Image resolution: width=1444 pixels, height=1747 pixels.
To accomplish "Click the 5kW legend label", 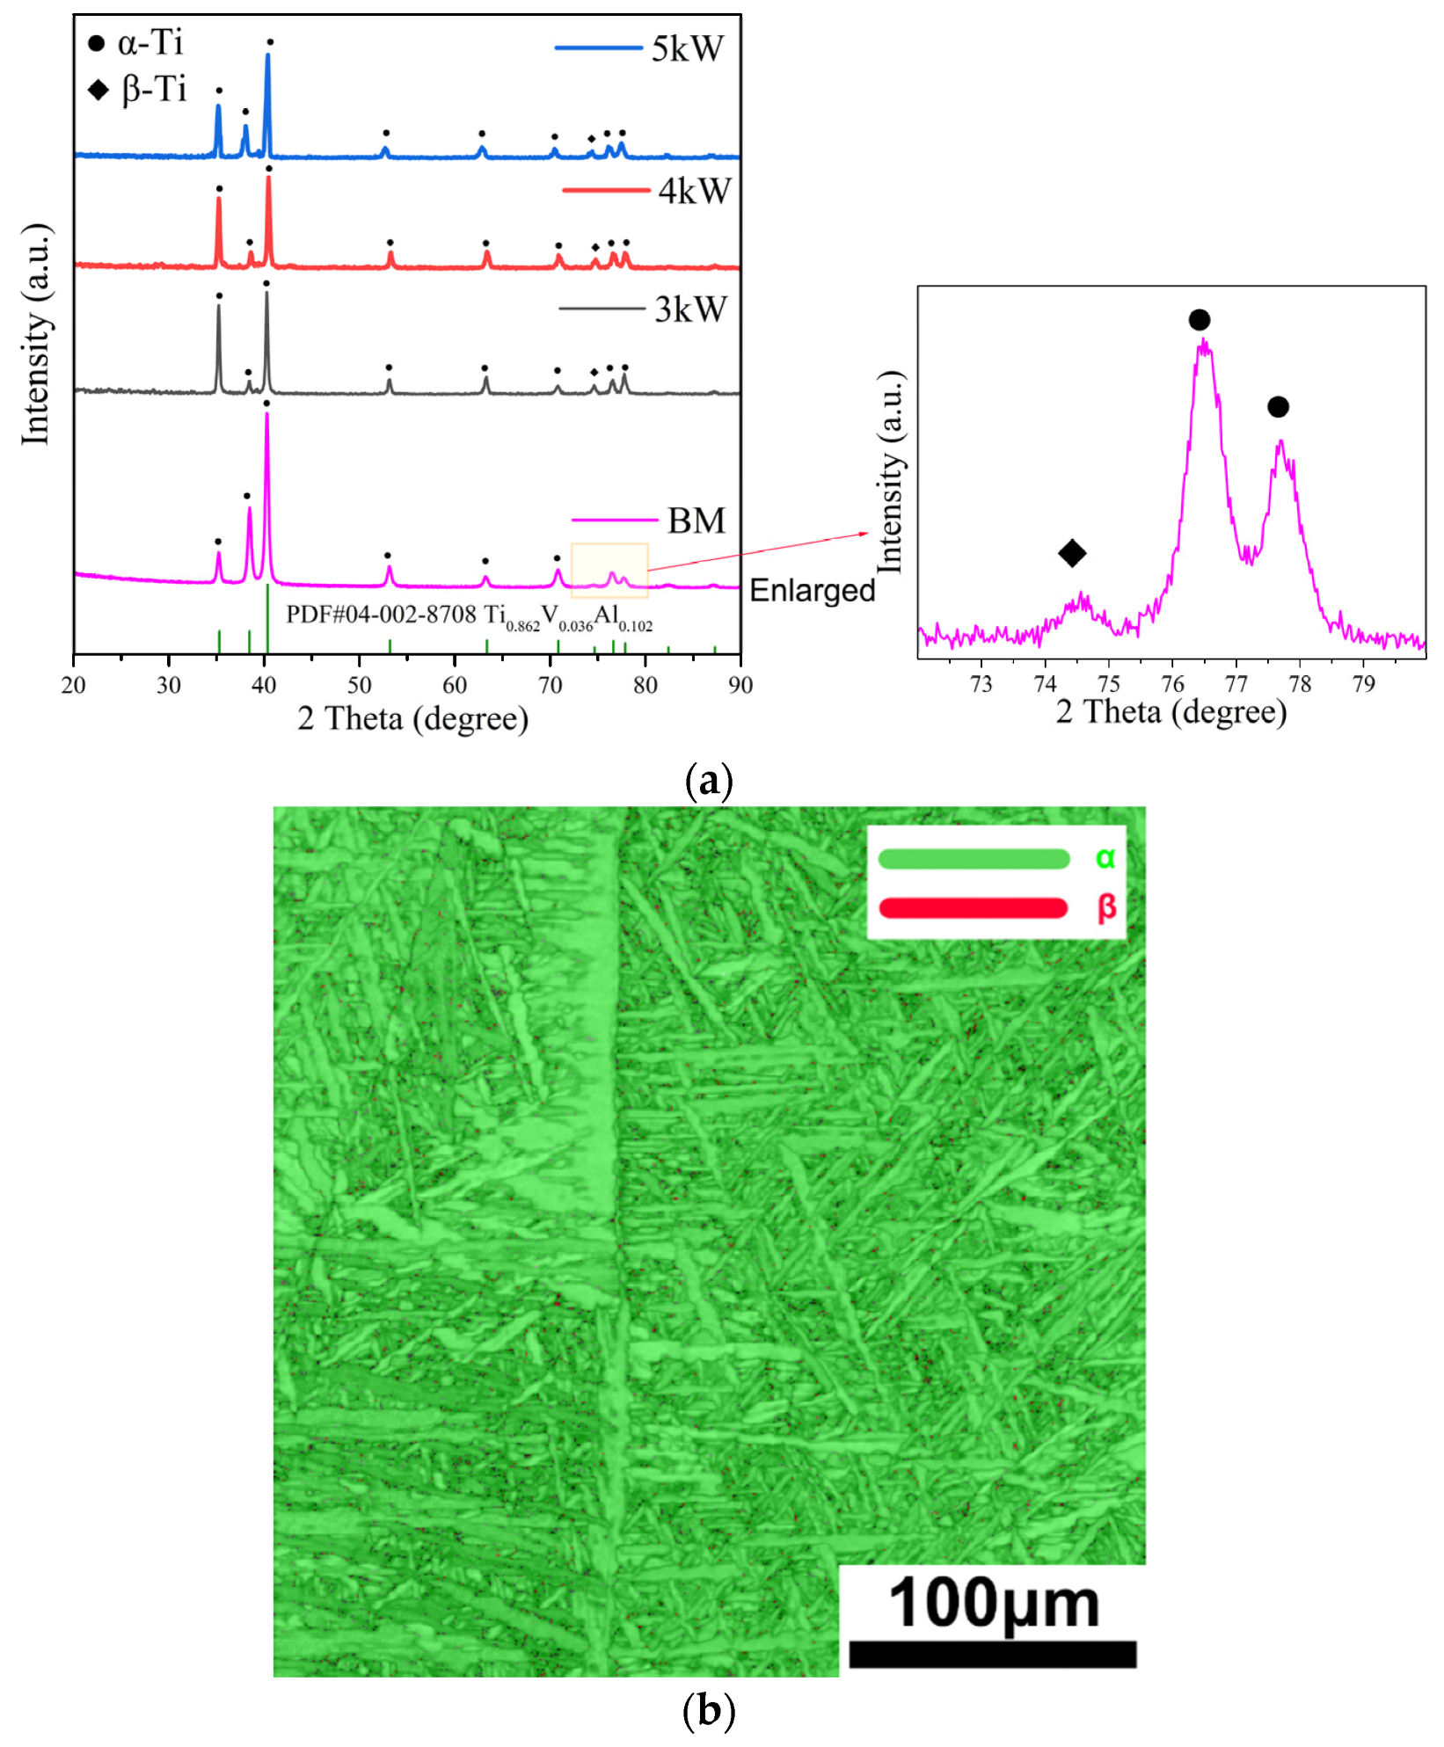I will pyautogui.click(x=687, y=48).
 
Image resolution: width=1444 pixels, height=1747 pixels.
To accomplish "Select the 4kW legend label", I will pyautogui.click(x=694, y=191).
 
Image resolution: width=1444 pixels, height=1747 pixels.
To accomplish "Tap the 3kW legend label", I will pyautogui.click(x=691, y=309).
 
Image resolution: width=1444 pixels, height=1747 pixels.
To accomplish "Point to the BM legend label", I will pyautogui.click(x=696, y=520).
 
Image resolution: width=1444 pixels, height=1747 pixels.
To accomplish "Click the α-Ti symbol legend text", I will pyautogui.click(x=150, y=42).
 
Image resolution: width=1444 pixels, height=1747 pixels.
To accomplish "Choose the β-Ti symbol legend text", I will pyautogui.click(x=154, y=89).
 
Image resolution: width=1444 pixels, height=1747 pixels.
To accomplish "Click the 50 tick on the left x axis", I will pyautogui.click(x=360, y=685).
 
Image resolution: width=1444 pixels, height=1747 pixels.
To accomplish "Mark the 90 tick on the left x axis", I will pyautogui.click(x=740, y=685).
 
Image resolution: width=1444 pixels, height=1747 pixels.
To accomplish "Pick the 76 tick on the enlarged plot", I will pyautogui.click(x=1172, y=684).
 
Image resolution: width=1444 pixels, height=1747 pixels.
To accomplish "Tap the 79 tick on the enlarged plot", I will pyautogui.click(x=1363, y=684).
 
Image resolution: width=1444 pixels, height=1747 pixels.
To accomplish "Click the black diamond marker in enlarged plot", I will pyautogui.click(x=1072, y=553).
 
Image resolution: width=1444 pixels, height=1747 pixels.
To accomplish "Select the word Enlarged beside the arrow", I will pyautogui.click(x=812, y=590).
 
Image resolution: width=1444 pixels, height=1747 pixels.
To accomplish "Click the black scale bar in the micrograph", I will pyautogui.click(x=992, y=1654).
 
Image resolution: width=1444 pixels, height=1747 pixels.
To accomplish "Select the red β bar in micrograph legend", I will pyautogui.click(x=973, y=907).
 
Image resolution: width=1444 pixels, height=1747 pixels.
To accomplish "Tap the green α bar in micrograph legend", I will pyautogui.click(x=973, y=858).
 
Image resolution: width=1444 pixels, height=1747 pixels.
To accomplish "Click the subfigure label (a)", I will pyautogui.click(x=708, y=780).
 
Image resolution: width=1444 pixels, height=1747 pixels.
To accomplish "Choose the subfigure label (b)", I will pyautogui.click(x=708, y=1710).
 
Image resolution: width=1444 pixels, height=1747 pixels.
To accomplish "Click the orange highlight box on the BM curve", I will pyautogui.click(x=609, y=571).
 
